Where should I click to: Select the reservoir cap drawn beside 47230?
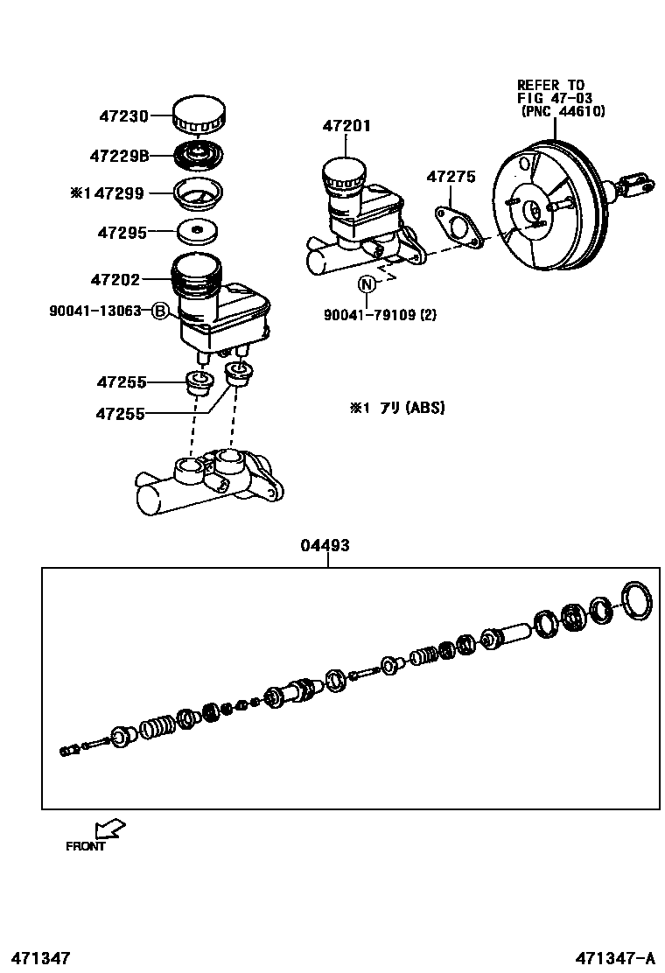199,115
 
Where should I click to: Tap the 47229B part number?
119,157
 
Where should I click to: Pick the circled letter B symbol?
159,311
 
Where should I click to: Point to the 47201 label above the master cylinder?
346,126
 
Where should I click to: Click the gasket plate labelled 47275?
458,226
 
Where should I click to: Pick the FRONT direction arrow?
110,828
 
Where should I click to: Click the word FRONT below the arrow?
86,846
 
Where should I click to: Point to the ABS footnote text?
397,408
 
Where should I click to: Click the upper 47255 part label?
122,382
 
